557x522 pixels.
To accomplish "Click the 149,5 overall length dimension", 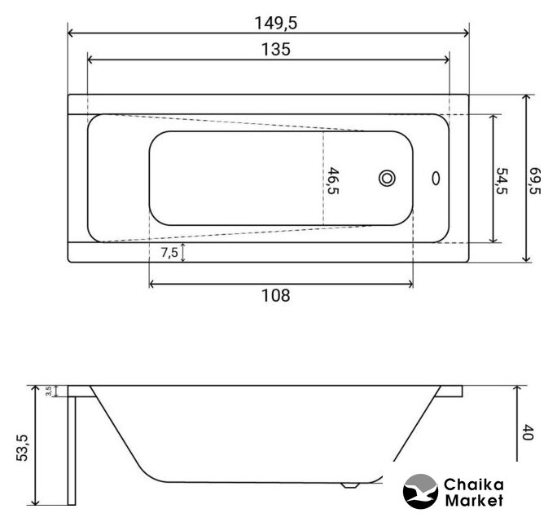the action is tap(276, 24).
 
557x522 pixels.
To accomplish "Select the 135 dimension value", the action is tap(276, 50).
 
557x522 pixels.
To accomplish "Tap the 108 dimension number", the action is tap(276, 295).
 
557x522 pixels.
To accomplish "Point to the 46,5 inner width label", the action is tap(333, 181).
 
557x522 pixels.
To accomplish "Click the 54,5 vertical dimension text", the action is tap(502, 181).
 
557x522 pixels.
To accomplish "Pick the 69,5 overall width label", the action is tap(535, 181).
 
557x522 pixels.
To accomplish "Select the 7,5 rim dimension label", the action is tap(169, 252).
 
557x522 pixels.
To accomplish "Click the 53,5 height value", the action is tap(22, 448).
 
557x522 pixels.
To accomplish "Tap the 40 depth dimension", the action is tap(528, 432).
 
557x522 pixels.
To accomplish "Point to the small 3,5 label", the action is tap(49, 391).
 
